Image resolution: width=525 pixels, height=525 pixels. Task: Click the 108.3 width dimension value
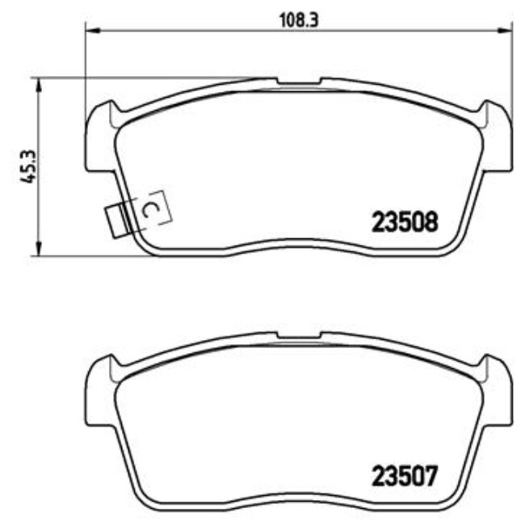[x=299, y=20]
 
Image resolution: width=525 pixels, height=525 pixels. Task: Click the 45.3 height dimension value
[x=29, y=166]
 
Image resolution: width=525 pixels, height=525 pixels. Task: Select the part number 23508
[x=405, y=222]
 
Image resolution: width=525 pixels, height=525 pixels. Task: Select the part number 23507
[x=405, y=476]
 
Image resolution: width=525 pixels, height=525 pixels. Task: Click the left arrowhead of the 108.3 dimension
[x=93, y=31]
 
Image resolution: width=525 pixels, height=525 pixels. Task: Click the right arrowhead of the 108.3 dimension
[x=506, y=31]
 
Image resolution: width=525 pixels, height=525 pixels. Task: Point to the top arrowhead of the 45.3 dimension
[x=40, y=85]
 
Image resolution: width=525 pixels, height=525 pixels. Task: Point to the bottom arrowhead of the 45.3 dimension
[x=40, y=249]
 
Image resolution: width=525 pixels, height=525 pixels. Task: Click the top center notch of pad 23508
[x=299, y=82]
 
